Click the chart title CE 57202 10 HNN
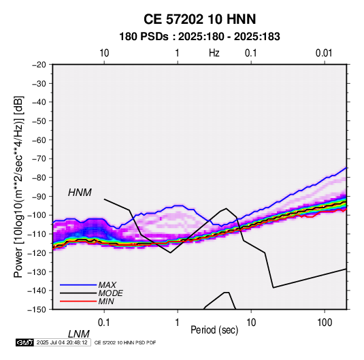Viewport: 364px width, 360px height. coord(199,19)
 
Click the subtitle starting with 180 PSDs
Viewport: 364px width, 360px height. coord(199,37)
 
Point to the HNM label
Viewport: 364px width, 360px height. coord(80,193)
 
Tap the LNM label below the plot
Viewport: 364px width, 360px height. coord(79,334)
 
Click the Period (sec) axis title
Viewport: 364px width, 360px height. coord(214,330)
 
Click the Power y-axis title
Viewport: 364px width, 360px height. coord(18,186)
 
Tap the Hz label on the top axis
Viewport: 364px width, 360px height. coord(214,53)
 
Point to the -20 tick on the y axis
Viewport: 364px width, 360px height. coord(39,65)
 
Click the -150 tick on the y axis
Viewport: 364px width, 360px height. coord(37,310)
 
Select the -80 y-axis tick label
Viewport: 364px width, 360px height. coord(39,178)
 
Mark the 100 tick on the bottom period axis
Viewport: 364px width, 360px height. coord(325,323)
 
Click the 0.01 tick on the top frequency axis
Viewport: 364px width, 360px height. coord(324,53)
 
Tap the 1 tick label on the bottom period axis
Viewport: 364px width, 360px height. coord(178,323)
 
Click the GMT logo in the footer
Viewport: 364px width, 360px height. coord(25,342)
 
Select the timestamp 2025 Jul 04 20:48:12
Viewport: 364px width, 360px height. coord(62,342)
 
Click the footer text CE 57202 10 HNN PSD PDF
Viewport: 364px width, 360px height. coord(125,342)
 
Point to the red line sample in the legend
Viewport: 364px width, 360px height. coord(78,301)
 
